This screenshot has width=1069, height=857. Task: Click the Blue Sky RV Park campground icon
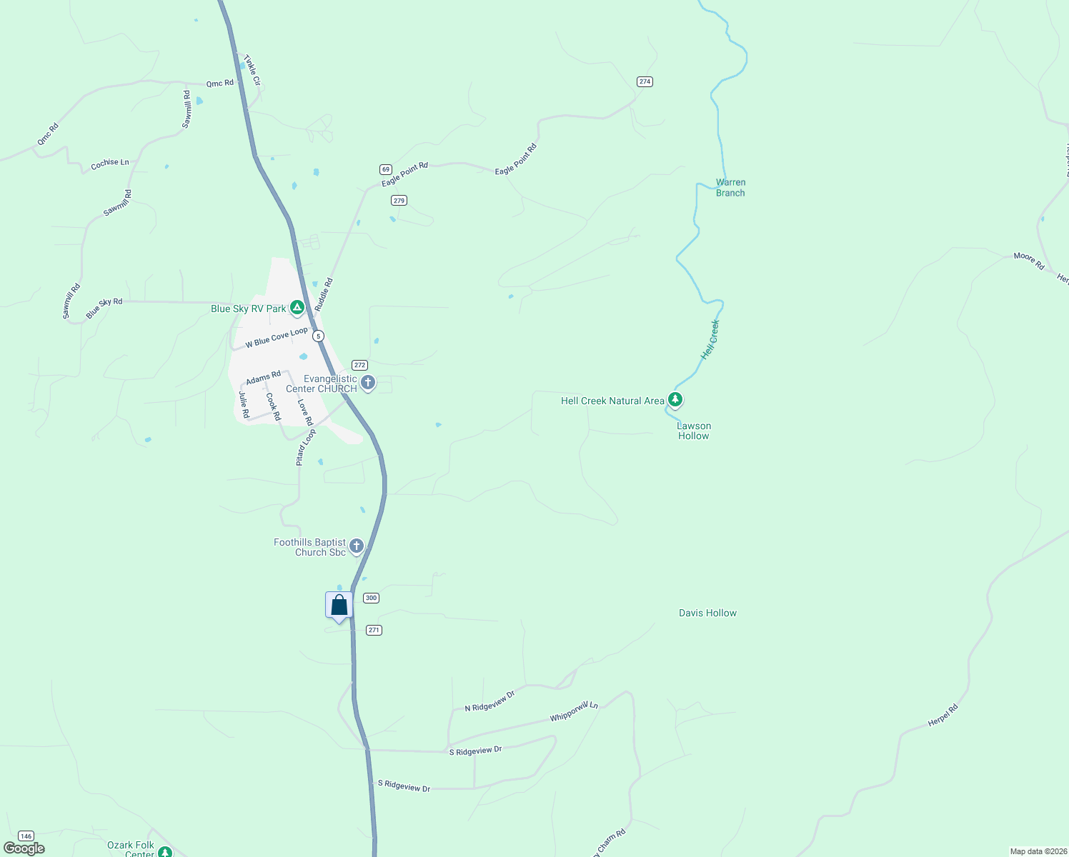297,308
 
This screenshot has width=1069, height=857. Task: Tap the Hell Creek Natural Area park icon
675,400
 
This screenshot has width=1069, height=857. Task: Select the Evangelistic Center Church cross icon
368,383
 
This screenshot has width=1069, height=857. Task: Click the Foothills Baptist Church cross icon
357,546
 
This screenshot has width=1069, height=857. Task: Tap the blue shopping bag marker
339,606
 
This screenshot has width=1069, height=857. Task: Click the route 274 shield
645,81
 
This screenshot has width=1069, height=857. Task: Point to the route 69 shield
386,169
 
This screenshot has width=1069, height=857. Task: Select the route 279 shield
399,200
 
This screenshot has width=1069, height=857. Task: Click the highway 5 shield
318,336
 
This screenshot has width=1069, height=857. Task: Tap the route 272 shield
359,365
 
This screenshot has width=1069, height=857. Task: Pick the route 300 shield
371,598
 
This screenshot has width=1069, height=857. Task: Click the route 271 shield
374,630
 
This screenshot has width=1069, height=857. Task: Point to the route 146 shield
26,836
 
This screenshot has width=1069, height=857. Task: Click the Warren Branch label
730,188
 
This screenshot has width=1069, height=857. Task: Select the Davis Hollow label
707,613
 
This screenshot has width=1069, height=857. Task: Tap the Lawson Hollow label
694,431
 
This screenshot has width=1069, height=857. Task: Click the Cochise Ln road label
110,164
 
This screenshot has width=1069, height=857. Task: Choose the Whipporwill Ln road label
574,711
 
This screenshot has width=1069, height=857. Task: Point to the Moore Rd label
1029,261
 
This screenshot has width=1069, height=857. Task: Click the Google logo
24,848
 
